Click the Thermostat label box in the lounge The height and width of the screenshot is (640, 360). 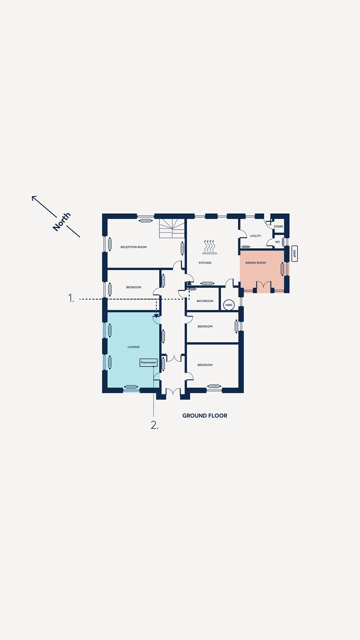click(148, 362)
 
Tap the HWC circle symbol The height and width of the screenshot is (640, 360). click(229, 305)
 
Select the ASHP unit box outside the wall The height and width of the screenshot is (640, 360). click(294, 254)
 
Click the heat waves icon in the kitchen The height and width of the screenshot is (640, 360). click(210, 247)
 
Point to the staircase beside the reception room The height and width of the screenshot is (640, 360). click(172, 228)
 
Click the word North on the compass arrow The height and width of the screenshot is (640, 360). click(62, 222)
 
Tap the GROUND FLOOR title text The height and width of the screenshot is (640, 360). click(205, 416)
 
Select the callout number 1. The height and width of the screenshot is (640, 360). click(71, 298)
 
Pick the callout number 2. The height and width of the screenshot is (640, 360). click(154, 425)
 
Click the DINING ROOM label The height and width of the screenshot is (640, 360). click(256, 263)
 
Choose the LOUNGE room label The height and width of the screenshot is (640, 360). click(134, 347)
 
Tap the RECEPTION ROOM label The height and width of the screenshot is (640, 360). click(134, 247)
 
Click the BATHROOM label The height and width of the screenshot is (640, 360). click(205, 301)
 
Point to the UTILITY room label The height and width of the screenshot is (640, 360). click(256, 236)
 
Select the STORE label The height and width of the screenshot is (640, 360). click(278, 227)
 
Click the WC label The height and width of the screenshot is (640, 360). click(278, 242)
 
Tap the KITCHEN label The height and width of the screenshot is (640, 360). click(205, 263)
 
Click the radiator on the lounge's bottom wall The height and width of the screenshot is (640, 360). click(131, 387)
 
